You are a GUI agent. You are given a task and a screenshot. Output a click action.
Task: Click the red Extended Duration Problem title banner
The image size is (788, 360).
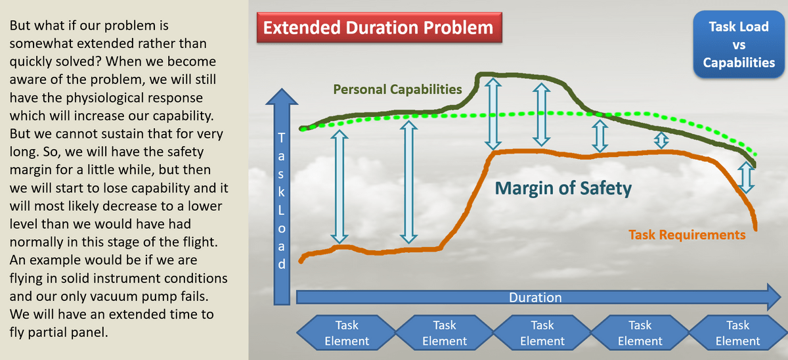(380, 28)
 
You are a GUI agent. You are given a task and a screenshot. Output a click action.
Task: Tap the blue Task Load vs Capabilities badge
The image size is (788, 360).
(739, 44)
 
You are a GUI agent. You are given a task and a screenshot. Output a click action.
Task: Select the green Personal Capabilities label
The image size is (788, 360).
(397, 89)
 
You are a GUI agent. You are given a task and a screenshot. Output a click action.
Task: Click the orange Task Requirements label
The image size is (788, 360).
(687, 235)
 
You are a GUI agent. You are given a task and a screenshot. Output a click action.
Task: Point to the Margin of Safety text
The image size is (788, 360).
(563, 189)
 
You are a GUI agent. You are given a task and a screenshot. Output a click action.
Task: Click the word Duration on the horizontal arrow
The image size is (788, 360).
(535, 298)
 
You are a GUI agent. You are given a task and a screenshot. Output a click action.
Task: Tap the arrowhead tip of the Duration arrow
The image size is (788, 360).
(781, 297)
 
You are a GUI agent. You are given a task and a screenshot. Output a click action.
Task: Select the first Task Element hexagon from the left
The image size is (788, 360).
(347, 332)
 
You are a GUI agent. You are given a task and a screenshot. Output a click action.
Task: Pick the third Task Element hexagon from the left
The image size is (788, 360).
(542, 332)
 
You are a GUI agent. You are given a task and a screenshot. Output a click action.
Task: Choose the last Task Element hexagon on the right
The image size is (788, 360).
(737, 332)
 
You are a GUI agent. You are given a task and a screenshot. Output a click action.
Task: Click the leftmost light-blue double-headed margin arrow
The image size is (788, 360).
(339, 187)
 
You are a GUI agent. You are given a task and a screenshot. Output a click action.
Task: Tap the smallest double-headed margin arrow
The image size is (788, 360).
(661, 140)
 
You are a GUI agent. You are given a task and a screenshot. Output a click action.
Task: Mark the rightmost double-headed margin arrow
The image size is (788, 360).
(746, 177)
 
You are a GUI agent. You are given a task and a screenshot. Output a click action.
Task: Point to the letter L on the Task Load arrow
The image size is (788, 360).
(281, 210)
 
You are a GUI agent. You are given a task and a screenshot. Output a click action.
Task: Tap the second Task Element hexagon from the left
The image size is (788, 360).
(445, 332)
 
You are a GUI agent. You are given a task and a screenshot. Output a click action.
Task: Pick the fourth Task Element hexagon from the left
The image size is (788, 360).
(640, 332)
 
